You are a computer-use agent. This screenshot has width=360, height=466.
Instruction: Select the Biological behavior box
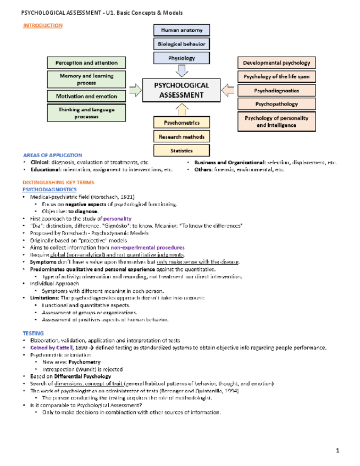click(x=181, y=43)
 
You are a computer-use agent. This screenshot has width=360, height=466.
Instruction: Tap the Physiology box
click(x=181, y=57)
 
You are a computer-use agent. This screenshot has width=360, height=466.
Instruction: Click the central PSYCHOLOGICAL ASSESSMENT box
click(x=181, y=90)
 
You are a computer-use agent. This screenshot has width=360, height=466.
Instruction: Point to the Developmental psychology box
click(x=276, y=63)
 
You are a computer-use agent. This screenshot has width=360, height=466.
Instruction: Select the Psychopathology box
click(x=276, y=103)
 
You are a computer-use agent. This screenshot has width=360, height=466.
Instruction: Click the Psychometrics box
click(x=181, y=122)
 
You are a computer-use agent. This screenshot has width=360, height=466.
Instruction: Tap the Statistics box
click(x=181, y=149)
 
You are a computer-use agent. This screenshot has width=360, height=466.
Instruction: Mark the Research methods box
click(x=181, y=136)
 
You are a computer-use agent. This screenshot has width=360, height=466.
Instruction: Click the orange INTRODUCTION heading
click(x=42, y=26)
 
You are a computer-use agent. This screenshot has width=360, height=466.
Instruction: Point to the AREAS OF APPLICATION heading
click(x=53, y=156)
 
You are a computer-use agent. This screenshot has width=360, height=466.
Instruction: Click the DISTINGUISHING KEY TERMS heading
click(x=58, y=182)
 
